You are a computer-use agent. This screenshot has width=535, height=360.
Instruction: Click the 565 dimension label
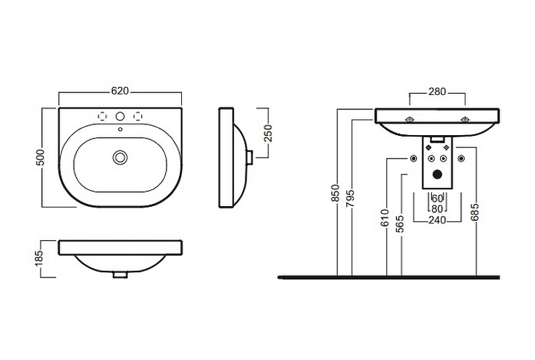point(400,223)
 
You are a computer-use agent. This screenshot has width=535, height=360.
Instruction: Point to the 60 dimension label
point(437,198)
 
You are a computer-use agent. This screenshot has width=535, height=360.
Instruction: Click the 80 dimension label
point(437,208)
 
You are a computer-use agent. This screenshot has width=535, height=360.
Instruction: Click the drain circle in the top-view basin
point(120,157)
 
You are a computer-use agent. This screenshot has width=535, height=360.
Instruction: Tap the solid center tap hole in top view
point(120,114)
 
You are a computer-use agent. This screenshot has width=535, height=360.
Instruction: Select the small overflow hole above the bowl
point(120,128)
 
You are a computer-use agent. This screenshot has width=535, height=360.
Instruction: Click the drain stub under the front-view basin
point(120,274)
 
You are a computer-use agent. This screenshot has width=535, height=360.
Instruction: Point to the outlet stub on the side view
point(249,156)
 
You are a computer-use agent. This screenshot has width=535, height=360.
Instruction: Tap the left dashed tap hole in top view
point(103,114)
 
